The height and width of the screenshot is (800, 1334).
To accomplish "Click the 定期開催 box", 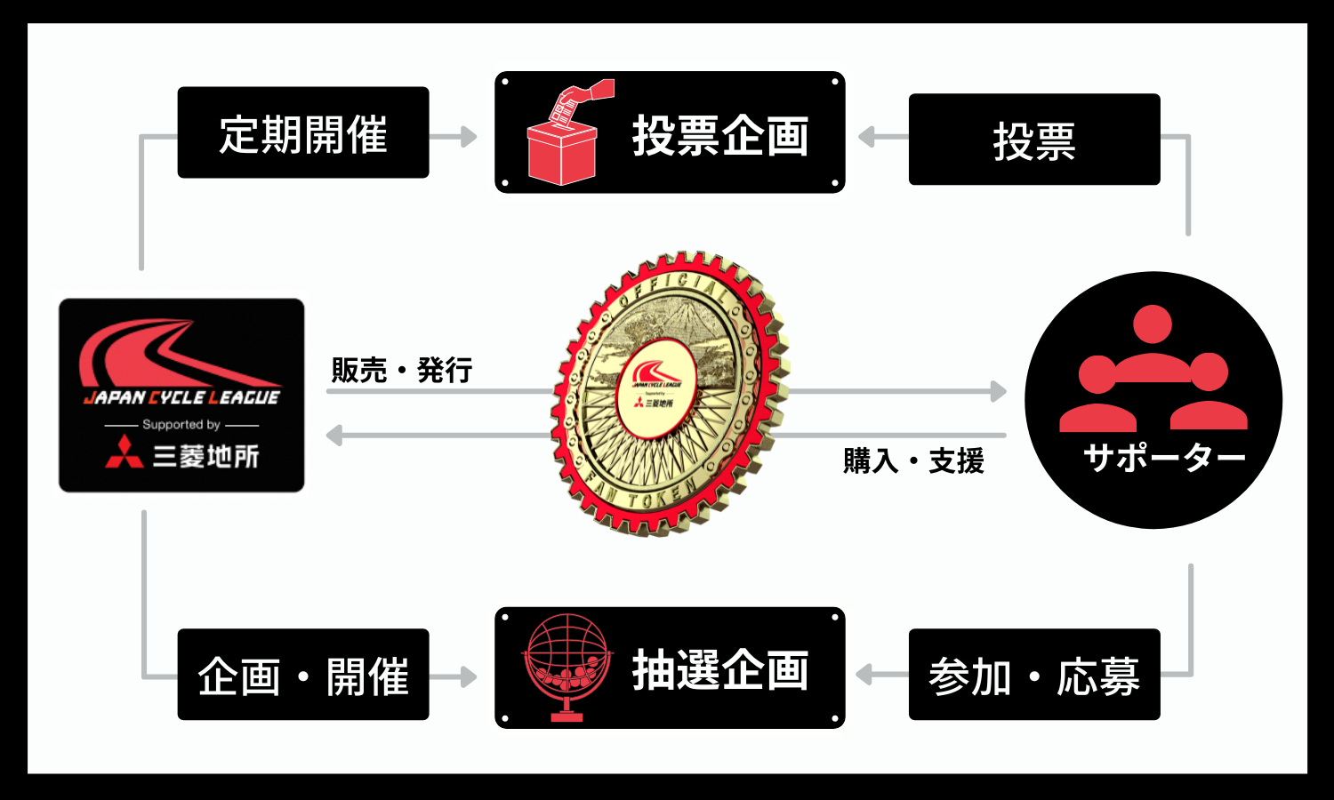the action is [x=303, y=133].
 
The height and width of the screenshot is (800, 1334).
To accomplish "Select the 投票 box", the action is [x=1034, y=140].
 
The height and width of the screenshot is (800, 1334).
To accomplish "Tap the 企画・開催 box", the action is [x=303, y=676].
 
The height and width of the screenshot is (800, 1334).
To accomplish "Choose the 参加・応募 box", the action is [x=1034, y=676].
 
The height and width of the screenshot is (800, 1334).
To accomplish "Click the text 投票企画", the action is [x=720, y=136].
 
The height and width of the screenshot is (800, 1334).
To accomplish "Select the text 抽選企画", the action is [x=720, y=670].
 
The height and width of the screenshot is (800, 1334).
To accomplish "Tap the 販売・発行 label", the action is [x=401, y=370].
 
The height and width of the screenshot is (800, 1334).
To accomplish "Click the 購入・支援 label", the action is [x=913, y=460].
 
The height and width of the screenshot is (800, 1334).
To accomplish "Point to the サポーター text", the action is [x=1164, y=458].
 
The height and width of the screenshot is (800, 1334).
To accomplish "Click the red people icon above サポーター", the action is [x=1153, y=368].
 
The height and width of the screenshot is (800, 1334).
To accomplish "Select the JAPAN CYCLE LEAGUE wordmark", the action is [x=182, y=397].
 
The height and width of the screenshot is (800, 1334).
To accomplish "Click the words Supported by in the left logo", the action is [x=181, y=425].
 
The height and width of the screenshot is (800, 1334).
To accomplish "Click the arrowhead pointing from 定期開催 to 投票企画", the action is [x=469, y=137].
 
